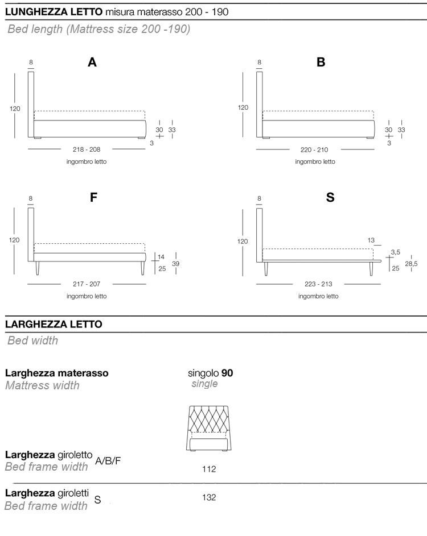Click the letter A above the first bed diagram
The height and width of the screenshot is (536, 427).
(92, 63)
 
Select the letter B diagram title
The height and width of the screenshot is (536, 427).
(321, 63)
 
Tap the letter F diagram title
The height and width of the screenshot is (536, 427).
(94, 198)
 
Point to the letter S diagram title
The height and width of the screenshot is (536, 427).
(330, 198)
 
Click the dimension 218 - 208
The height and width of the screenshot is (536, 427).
(87, 149)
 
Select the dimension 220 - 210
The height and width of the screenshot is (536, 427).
(315, 149)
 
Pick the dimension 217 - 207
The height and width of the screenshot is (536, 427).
(87, 284)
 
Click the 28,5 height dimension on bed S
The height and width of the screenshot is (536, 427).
(411, 264)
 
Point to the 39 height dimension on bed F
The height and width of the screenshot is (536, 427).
(176, 264)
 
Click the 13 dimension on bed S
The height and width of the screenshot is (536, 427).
(371, 240)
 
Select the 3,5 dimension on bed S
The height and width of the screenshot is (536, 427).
(395, 251)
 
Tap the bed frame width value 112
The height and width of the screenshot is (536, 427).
(209, 469)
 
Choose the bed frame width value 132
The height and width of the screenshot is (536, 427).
(209, 497)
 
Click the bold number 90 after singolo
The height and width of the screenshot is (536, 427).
(227, 373)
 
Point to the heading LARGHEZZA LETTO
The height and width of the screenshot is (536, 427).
(54, 324)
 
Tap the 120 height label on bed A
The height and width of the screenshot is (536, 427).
(15, 107)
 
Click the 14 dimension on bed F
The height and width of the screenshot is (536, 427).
(161, 257)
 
